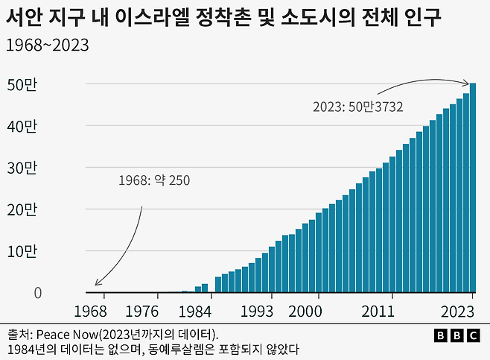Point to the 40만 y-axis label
[22, 126]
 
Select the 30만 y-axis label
[22, 168]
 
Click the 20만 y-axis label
[22, 209]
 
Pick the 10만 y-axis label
[22, 251]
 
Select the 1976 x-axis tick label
[142, 311]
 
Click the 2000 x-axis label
[305, 311]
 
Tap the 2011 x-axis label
[379, 311]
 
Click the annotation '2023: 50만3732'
[358, 107]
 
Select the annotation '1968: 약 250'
[154, 180]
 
